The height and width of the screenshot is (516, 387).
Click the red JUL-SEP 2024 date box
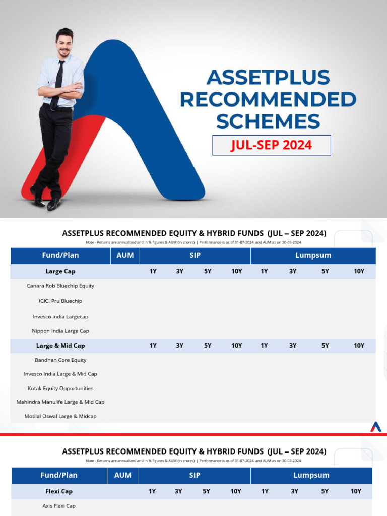click(x=271, y=145)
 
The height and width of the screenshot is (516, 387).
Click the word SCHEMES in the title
click(x=268, y=122)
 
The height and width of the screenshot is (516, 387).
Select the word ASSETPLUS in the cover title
click(x=268, y=78)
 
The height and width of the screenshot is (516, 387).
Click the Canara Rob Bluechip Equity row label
click(x=60, y=286)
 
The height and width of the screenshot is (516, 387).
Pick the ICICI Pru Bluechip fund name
click(x=60, y=301)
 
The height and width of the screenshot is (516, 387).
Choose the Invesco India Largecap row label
click(x=60, y=317)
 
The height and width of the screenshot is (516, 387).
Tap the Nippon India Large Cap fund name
click(x=60, y=331)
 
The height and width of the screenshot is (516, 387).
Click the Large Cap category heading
click(x=60, y=271)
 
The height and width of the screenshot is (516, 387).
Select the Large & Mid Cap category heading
click(x=60, y=346)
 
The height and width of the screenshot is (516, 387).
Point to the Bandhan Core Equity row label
click(x=60, y=360)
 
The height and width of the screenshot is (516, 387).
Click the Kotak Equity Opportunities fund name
click(x=60, y=389)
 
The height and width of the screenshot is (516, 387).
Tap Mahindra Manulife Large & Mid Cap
click(x=60, y=402)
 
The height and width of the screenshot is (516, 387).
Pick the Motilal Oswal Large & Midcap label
click(x=60, y=416)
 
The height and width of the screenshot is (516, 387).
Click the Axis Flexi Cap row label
click(x=59, y=506)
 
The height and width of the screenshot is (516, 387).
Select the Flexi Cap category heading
click(x=59, y=491)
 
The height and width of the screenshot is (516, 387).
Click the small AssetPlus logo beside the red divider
click(x=376, y=427)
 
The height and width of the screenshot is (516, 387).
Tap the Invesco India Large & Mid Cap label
click(x=60, y=374)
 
